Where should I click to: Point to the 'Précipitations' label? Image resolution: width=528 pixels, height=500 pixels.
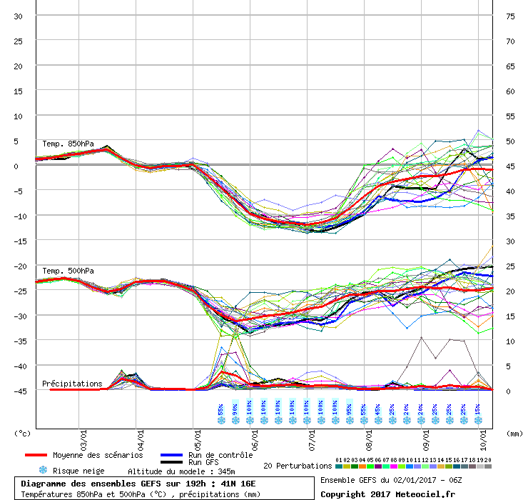coord(72,384)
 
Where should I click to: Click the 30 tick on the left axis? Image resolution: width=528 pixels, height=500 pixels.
coord(18,16)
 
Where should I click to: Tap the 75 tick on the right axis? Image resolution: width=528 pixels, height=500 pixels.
coord(510,16)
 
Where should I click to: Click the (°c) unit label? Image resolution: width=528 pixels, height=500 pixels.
coord(23,433)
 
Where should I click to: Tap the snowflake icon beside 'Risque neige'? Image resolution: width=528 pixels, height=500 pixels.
coord(42,471)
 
